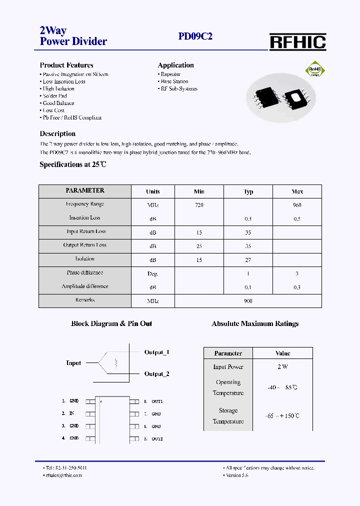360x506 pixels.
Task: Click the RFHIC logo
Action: (297, 42)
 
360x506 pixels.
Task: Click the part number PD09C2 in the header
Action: (195, 36)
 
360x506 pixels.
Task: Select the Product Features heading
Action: (66, 65)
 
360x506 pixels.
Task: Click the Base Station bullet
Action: (174, 81)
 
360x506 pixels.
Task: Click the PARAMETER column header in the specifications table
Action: (85, 190)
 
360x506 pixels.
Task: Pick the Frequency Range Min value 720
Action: (199, 205)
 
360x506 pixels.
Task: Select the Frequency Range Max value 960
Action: (297, 205)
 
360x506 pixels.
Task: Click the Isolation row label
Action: (85, 259)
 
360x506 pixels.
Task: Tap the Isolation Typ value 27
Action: (248, 260)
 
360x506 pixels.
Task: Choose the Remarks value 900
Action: (248, 301)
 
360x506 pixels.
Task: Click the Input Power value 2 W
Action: (282, 367)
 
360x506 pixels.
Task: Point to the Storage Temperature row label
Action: (228, 416)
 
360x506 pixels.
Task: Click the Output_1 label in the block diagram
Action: (156, 352)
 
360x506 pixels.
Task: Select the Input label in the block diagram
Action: (73, 363)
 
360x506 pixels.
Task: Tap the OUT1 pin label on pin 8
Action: (157, 401)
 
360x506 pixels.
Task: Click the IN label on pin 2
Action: (71, 413)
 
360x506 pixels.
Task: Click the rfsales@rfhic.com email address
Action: (63, 475)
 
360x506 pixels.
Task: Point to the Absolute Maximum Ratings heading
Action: (255, 324)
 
